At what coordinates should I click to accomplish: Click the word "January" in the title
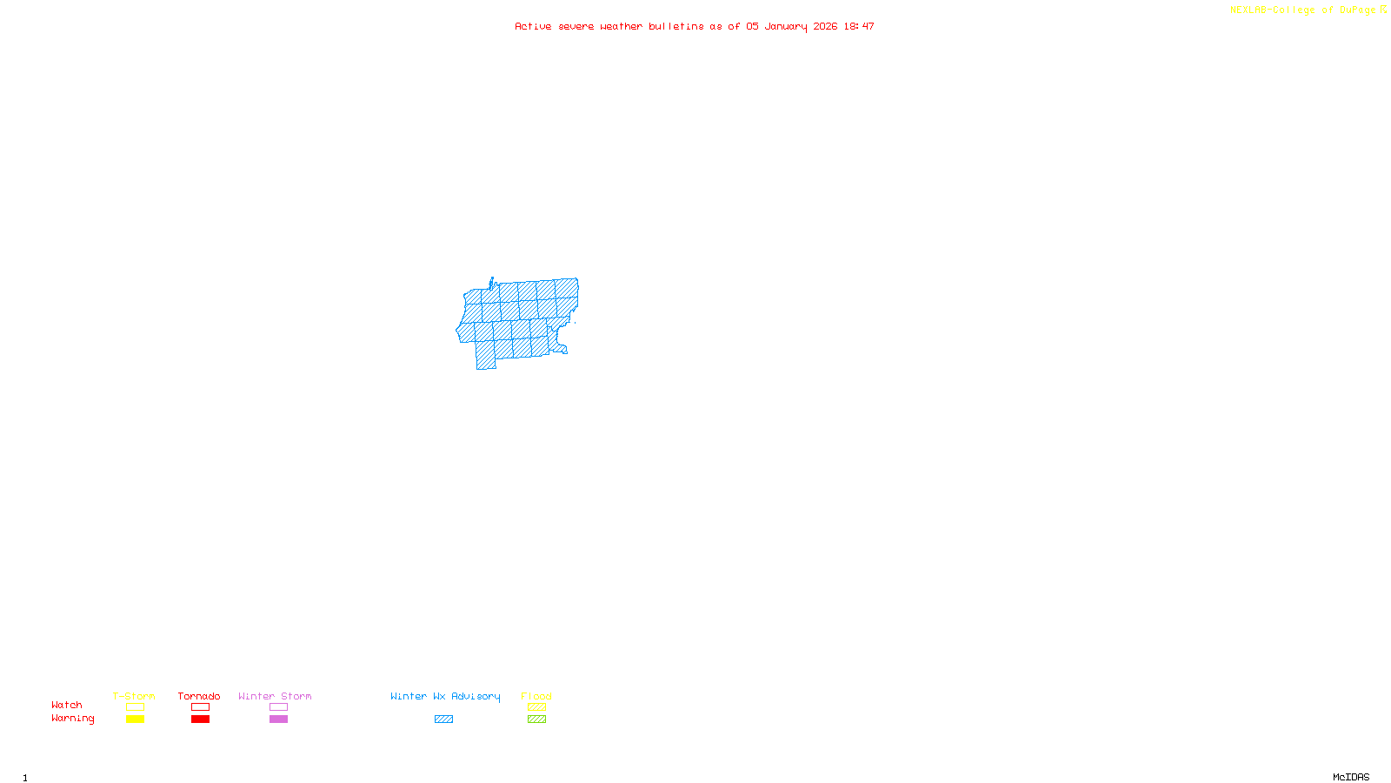coord(785,27)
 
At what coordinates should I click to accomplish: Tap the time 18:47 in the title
coord(859,27)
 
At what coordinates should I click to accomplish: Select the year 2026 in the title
coord(825,27)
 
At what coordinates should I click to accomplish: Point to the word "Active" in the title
coord(533,27)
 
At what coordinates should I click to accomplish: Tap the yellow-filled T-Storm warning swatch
coord(135,719)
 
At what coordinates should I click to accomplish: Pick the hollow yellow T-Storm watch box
coord(135,707)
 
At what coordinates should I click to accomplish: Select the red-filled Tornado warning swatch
coord(200,719)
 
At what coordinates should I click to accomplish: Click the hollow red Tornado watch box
coord(200,707)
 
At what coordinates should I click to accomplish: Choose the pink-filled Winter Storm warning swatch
coord(278,719)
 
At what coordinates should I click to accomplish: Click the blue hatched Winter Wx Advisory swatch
coord(443,719)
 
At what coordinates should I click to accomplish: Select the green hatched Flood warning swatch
coord(536,719)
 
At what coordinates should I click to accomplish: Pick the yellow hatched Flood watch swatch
coord(536,707)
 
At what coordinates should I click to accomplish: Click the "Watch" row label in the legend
coord(67,706)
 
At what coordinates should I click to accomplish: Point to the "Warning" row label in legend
coord(72,719)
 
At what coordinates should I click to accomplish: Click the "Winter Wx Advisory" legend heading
coord(445,696)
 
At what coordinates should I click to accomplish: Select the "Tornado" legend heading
coord(199,696)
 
